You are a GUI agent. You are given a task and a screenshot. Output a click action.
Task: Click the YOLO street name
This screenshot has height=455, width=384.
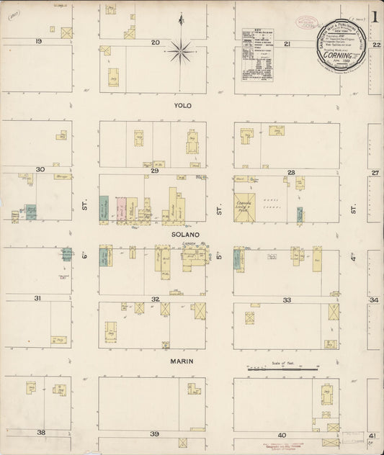point(183,105)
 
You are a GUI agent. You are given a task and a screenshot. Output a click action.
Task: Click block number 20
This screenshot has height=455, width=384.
point(154,42)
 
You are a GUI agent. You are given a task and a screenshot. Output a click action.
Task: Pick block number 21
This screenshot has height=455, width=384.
point(287,44)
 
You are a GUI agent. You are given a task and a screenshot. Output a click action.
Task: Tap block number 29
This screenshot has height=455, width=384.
point(154,172)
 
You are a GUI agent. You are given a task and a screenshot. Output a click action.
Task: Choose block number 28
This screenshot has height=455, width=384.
point(291,173)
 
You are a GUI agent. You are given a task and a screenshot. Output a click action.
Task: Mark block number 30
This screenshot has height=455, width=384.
point(40,170)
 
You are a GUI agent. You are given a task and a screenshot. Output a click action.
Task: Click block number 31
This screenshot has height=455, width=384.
point(37,298)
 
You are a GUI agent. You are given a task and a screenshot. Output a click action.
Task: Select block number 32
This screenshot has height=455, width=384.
point(155,299)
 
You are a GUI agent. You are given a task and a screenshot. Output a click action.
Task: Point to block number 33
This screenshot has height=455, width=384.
point(287,299)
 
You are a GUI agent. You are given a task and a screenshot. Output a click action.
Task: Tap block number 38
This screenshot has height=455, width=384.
point(42,433)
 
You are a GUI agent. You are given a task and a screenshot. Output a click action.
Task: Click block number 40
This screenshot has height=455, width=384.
point(282,435)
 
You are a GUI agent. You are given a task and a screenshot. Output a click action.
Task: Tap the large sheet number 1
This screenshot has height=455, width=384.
point(375,14)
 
